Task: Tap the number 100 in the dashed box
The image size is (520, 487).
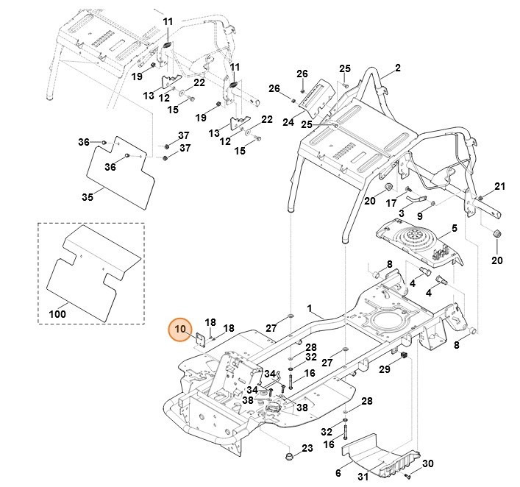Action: [x=57, y=315]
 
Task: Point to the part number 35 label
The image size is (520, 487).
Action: [x=87, y=197]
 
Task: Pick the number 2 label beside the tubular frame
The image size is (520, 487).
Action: [x=397, y=68]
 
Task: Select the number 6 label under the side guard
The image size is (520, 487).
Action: [x=338, y=472]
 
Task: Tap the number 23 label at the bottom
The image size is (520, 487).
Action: [x=307, y=448]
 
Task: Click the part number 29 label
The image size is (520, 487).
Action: [x=383, y=369]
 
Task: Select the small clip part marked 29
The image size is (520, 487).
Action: [x=403, y=357]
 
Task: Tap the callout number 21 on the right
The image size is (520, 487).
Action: [x=499, y=185]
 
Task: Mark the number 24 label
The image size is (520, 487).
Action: [x=288, y=121]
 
